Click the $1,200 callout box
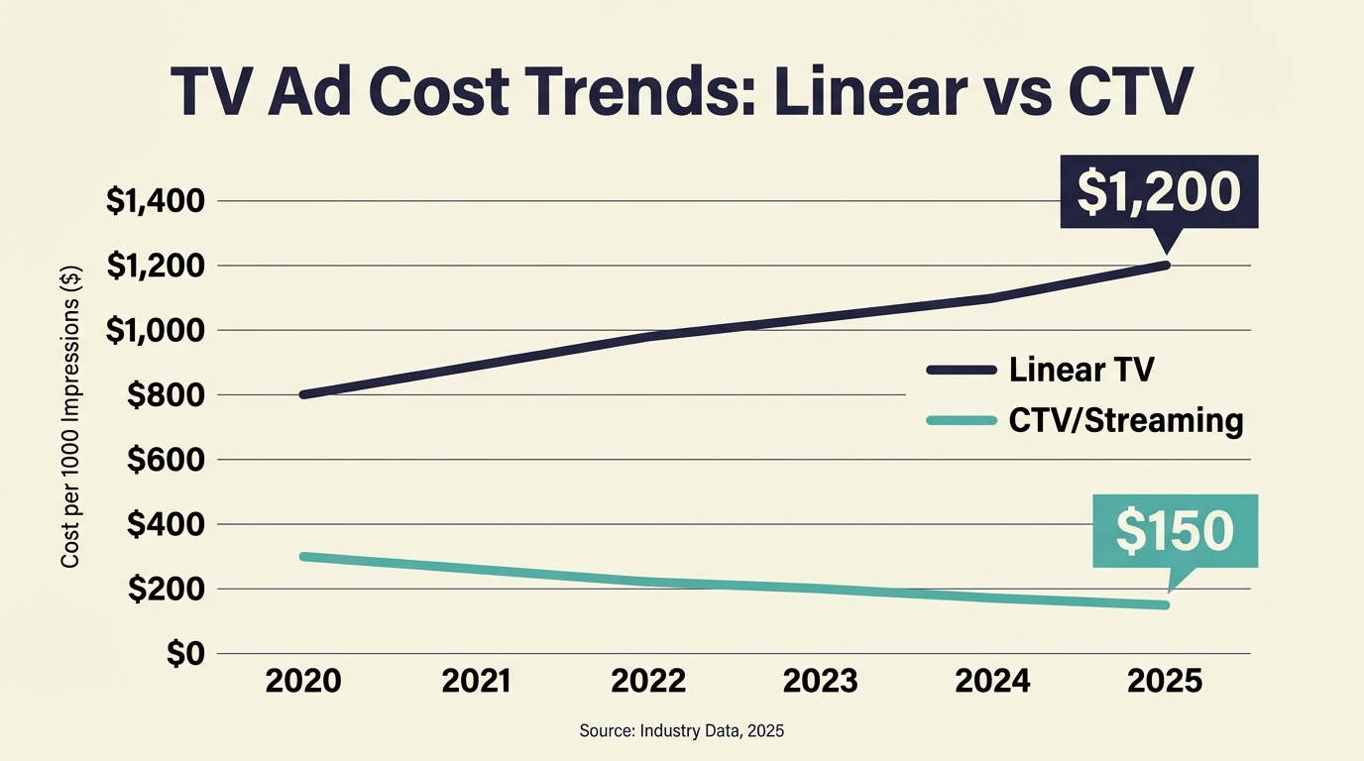click(1158, 191)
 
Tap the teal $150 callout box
click(1175, 531)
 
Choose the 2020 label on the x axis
click(304, 682)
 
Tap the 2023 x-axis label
click(820, 682)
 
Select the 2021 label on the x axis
click(476, 682)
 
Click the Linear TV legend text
click(1081, 370)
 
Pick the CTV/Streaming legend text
click(1125, 421)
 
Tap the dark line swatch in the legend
click(961, 370)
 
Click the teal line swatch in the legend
click(961, 421)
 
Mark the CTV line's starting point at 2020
click(304, 557)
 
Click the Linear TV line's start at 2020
click(304, 394)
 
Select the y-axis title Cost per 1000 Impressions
click(70, 417)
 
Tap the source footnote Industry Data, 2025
click(681, 731)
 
